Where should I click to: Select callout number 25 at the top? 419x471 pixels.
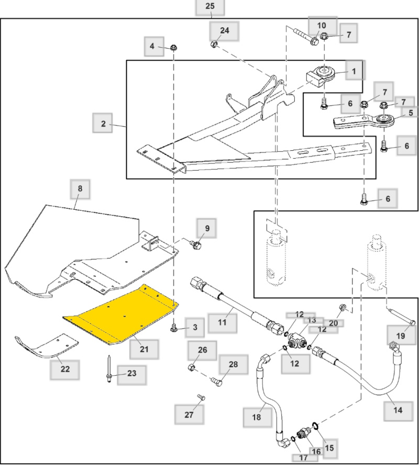(x=210, y=7)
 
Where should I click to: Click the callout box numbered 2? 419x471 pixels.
(x=104, y=124)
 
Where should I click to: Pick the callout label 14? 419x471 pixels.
(x=398, y=410)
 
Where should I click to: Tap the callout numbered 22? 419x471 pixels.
(x=65, y=369)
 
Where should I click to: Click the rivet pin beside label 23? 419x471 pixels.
(x=108, y=369)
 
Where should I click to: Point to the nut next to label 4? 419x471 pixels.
(x=173, y=48)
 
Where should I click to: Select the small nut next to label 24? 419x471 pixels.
(x=214, y=45)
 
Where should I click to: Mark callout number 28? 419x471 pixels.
(x=233, y=364)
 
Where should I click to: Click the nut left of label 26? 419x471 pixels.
(x=192, y=367)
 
